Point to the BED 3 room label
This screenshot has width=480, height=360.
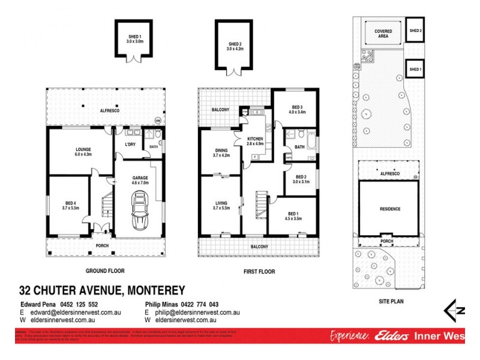tap(297, 109)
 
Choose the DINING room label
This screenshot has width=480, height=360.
tap(221, 152)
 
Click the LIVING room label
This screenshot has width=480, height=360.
tap(221, 207)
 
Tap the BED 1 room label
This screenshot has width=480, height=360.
tap(293, 216)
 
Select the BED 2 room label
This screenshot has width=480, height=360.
tap(301, 179)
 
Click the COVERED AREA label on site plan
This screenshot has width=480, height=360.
tap(383, 33)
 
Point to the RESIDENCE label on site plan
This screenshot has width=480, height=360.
tap(389, 209)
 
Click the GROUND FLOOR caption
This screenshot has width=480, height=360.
tap(104, 271)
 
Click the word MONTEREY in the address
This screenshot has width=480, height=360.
tap(154, 291)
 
